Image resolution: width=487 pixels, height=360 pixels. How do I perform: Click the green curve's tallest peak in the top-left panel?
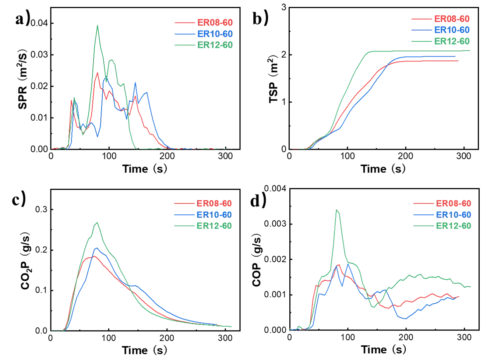pos(97,25)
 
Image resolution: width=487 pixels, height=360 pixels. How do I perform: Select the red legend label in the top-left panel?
pos(215,22)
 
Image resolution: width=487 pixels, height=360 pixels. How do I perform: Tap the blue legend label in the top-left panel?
pos(215,34)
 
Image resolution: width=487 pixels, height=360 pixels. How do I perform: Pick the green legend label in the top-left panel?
pos(215,45)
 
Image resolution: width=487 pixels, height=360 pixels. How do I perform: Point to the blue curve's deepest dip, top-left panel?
pos(97,137)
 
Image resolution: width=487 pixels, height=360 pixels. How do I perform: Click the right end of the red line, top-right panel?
pos(459,61)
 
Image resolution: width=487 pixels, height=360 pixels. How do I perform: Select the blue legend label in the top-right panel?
pos(452,30)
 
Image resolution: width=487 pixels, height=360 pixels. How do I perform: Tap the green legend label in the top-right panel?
pos(452,41)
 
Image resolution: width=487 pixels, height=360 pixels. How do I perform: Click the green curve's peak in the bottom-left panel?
pos(97,222)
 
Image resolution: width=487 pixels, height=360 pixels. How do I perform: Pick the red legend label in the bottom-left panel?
pos(215,203)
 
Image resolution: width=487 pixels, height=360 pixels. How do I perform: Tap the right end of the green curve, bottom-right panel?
pos(471,287)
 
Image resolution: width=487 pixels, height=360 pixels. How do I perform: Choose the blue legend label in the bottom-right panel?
pos(453,214)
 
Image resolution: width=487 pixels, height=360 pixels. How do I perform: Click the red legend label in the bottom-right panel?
pos(453,203)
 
